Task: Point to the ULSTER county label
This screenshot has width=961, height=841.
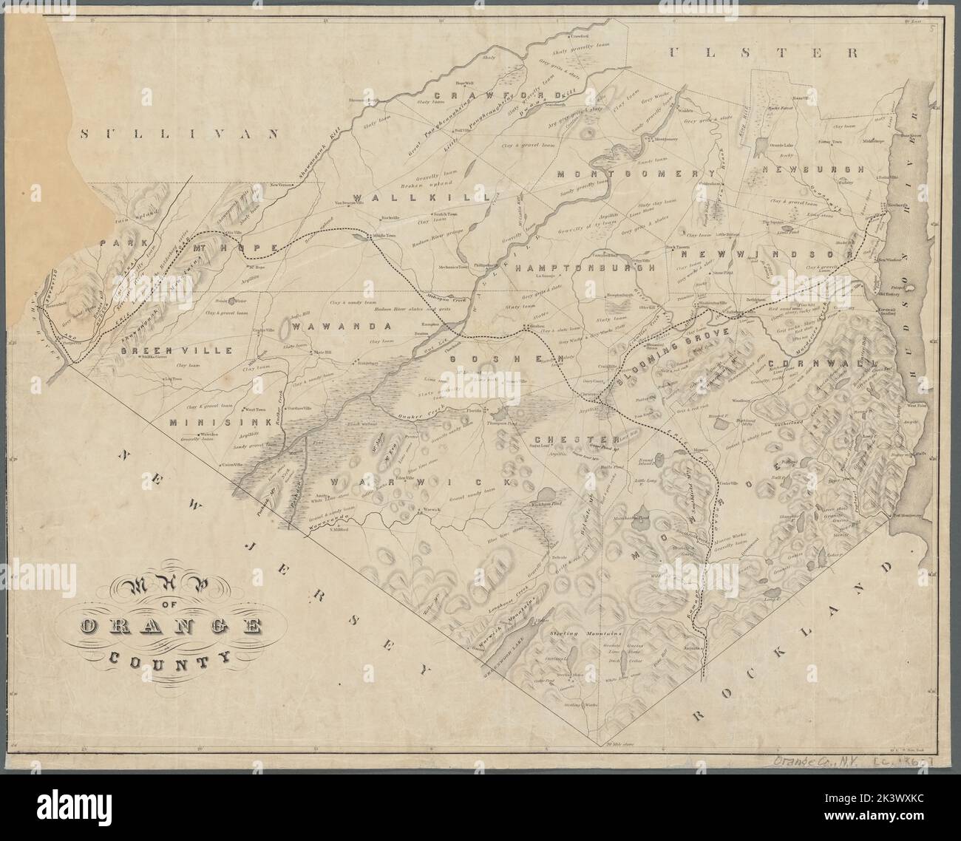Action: (764, 52)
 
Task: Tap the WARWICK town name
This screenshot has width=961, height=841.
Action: (421, 482)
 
